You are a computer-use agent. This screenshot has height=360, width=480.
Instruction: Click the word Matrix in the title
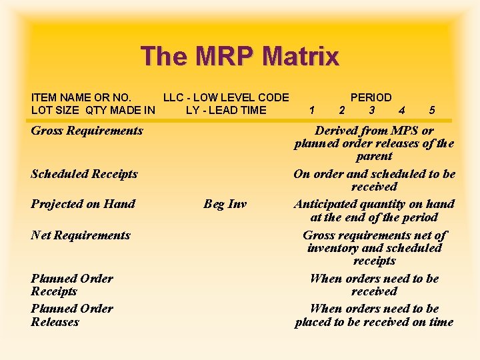[x=301, y=56]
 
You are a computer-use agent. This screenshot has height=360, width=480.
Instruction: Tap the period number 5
[x=433, y=110]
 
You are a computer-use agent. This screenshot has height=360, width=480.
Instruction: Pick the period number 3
[x=371, y=110]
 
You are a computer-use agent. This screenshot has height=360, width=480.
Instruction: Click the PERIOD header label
[x=371, y=97]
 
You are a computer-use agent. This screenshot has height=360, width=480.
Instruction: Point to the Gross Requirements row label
[x=87, y=131]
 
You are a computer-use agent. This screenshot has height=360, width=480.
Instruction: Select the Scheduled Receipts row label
[x=84, y=174]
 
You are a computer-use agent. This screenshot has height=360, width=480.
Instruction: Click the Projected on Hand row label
[x=83, y=204]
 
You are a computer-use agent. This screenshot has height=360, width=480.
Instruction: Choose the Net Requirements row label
[x=81, y=235]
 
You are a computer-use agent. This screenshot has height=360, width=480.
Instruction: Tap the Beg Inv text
[x=225, y=204]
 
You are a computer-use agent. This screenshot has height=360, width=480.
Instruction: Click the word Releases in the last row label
[x=55, y=322]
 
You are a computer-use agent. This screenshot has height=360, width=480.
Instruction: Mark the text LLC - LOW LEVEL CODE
[x=226, y=97]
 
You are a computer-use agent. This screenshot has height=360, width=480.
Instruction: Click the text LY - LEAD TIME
[x=226, y=110]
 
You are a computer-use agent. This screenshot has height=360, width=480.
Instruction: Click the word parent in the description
[x=374, y=156]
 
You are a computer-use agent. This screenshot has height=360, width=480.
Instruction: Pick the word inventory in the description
[x=332, y=248]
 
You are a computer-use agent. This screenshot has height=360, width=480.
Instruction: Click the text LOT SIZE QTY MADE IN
[x=93, y=110]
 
